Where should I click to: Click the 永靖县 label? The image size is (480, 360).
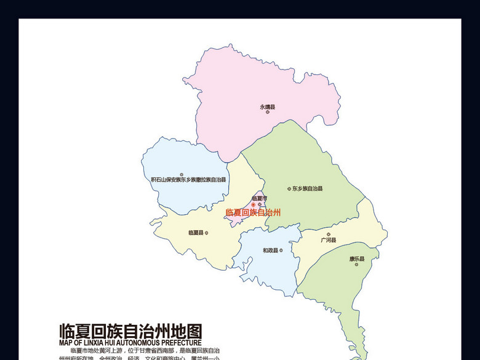tap(267, 106)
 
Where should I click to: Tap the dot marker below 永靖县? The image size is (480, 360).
tap(268, 112)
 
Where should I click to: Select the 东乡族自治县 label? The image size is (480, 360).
tap(307, 189)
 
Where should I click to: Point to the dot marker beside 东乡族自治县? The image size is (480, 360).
tap(289, 189)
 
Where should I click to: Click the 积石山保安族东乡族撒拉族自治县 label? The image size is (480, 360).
tap(188, 180)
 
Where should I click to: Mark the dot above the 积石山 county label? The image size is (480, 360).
tap(182, 174)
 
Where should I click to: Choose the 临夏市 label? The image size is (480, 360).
tap(259, 198)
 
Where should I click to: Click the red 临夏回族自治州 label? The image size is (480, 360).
tap(253, 212)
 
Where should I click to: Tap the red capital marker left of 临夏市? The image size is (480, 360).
tap(252, 204)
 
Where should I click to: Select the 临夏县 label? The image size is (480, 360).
tap(195, 233)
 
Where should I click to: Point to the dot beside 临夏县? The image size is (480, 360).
tap(206, 233)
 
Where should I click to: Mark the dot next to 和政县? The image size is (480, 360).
tap(281, 250)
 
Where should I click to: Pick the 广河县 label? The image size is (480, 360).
tap(329, 240)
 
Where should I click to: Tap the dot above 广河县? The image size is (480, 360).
tap(329, 234)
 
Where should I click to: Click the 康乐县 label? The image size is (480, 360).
tap(357, 259)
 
